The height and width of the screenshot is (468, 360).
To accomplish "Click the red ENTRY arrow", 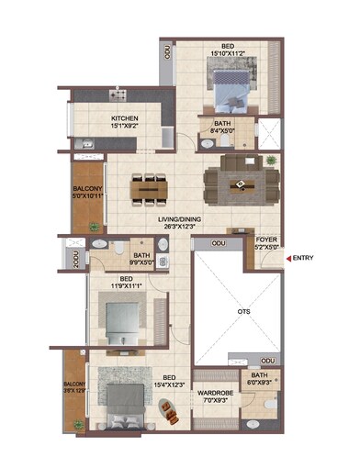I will coord(288,258).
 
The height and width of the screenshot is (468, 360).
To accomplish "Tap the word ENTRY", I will coord(304,258).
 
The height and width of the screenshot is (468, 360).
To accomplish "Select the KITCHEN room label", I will coord(125,118).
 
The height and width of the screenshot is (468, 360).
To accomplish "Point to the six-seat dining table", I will coord(147,188).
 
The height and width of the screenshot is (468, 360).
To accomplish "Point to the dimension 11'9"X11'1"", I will coord(126,286).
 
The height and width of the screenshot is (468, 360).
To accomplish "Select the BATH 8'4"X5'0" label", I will coord(223,128).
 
